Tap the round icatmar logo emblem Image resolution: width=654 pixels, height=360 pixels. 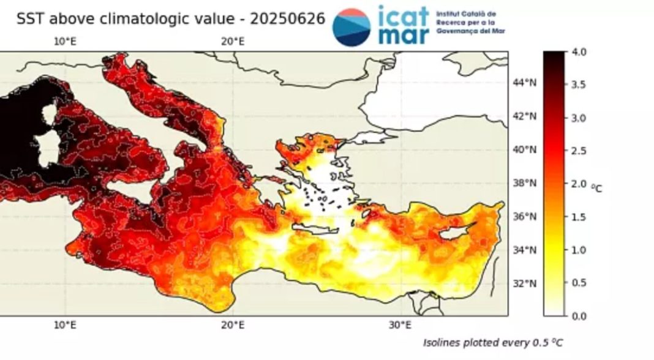pyautogui.click(x=351, y=27)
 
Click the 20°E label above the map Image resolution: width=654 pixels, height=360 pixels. pyautogui.click(x=233, y=42)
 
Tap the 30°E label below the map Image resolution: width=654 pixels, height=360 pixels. pyautogui.click(x=400, y=324)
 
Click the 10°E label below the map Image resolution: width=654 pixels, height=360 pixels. pyautogui.click(x=66, y=324)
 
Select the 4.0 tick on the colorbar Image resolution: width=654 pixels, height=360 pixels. pyautogui.click(x=579, y=52)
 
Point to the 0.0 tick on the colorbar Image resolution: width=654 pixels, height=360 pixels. pyautogui.click(x=579, y=316)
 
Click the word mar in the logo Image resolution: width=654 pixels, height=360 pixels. pyautogui.click(x=402, y=35)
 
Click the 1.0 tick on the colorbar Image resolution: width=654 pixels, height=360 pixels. pyautogui.click(x=579, y=250)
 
